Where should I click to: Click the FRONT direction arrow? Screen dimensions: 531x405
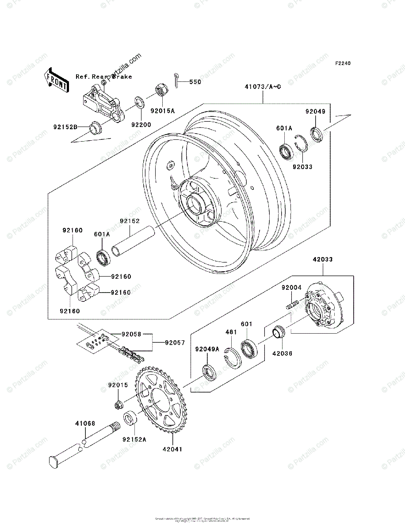57,80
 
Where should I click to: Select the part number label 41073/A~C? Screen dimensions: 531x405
263,87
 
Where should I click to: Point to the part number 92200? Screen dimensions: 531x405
141,125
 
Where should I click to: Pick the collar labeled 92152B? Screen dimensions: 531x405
95,128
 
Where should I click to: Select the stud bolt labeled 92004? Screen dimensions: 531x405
292,306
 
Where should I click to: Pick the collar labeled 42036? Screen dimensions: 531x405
279,331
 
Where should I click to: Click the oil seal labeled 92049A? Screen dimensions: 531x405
209,371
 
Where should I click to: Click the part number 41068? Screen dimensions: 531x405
84,424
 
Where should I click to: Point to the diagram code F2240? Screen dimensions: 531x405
342,64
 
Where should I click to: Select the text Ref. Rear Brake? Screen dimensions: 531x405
103,77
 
